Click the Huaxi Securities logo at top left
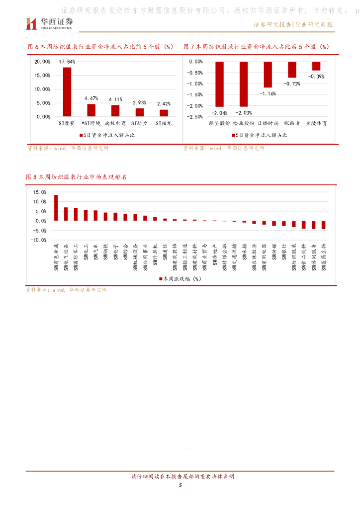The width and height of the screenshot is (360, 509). [49, 23]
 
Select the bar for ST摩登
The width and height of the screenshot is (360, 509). [67, 92]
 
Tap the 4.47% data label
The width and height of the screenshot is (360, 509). [91, 98]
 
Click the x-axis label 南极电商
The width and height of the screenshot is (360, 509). [115, 122]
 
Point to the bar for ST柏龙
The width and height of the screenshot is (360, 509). [164, 113]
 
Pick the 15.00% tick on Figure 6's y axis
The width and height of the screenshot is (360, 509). [42, 76]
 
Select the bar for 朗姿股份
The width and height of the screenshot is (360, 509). [219, 84]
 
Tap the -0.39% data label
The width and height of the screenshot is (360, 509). [316, 77]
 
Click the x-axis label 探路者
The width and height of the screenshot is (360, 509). [292, 122]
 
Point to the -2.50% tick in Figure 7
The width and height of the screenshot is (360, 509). [195, 117]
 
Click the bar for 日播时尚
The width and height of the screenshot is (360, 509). [268, 75]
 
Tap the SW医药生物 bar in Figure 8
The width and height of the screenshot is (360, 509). [323, 225]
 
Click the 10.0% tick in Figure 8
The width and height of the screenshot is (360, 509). [40, 202]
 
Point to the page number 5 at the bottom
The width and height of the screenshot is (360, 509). [180, 486]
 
